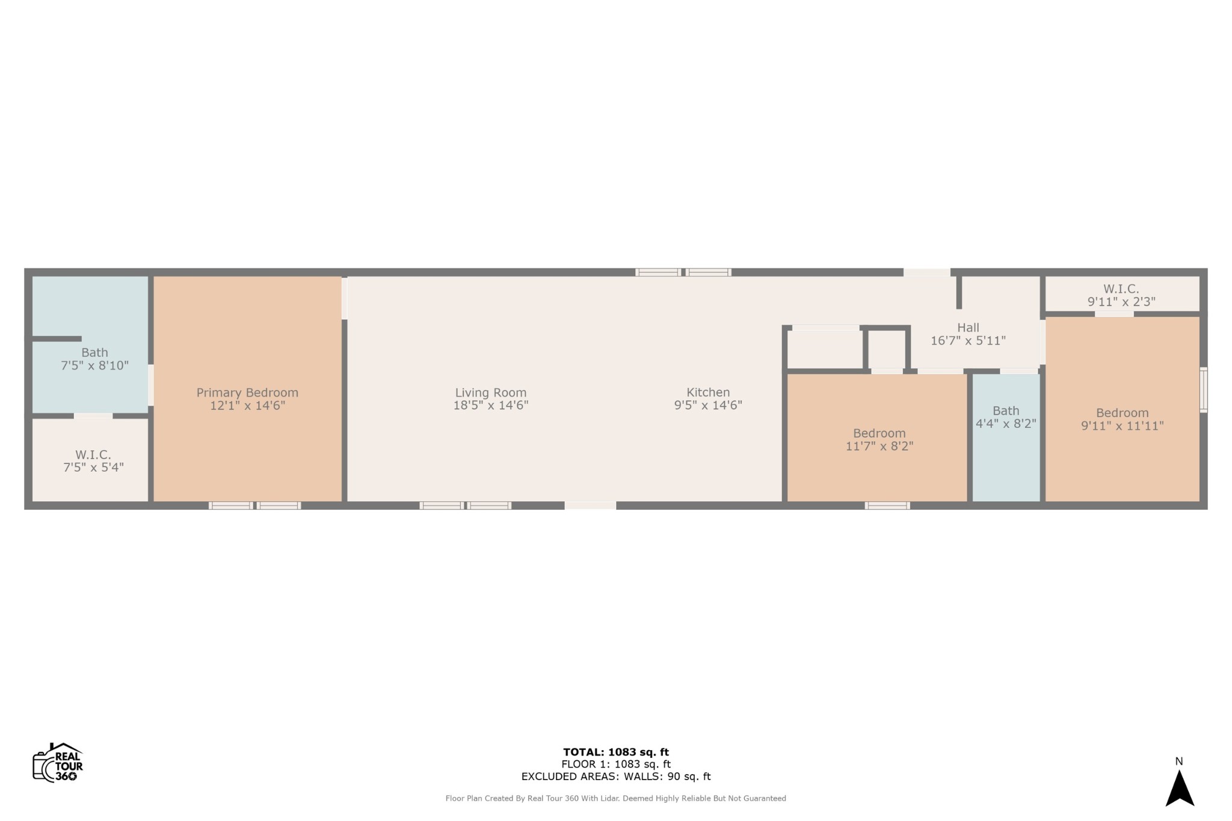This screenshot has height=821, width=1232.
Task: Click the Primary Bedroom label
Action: [247, 392]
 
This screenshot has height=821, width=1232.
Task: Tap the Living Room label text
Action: [491, 392]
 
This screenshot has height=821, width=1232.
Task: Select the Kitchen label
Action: [708, 392]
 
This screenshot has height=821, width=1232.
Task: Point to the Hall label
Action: [968, 328]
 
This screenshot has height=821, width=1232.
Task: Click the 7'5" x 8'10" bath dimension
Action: [94, 365]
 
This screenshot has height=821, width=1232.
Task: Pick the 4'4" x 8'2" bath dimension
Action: [1006, 424]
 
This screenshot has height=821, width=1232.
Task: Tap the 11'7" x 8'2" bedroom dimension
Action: [879, 446]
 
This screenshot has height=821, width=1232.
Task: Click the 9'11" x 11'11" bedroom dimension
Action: [1123, 426]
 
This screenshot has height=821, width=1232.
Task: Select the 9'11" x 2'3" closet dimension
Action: [1121, 302]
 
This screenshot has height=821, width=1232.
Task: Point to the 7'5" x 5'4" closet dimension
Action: [93, 467]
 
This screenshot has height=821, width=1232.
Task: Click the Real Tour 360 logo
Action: [58, 762]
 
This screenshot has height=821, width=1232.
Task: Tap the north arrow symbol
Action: [1180, 789]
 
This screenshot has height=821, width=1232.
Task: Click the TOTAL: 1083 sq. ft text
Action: [616, 752]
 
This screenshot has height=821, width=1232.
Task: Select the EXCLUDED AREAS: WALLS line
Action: [616, 777]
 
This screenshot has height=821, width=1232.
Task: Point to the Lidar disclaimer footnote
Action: [616, 799]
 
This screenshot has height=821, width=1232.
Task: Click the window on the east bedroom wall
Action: [1203, 389]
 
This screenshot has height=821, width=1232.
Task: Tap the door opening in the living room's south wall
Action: [590, 505]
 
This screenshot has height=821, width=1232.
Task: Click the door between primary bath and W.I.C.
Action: [93, 416]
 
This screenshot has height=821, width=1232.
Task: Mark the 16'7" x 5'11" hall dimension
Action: [968, 341]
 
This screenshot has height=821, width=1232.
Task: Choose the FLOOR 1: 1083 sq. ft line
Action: [616, 765]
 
